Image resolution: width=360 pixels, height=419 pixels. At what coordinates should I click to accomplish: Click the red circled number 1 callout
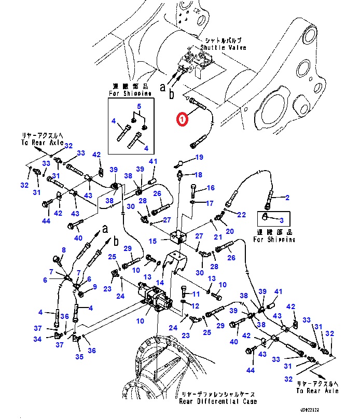click(182, 119)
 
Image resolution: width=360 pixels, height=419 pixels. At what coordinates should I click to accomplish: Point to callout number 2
click(287, 197)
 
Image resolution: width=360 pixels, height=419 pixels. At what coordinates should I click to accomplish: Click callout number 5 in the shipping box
click(138, 106)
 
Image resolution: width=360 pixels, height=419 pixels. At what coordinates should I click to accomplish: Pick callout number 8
click(64, 250)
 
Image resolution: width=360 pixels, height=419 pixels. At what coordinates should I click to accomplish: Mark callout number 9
click(94, 287)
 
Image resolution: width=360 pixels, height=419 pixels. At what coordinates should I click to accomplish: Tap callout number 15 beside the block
click(153, 241)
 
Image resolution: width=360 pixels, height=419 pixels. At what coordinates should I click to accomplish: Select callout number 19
click(199, 158)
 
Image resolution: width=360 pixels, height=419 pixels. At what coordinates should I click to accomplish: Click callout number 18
click(198, 175)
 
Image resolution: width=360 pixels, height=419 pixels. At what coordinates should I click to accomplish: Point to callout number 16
click(210, 188)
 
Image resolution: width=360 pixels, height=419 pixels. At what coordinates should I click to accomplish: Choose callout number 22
click(241, 215)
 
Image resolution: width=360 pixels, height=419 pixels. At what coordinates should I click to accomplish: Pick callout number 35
click(79, 356)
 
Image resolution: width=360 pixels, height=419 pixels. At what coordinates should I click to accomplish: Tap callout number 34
click(38, 340)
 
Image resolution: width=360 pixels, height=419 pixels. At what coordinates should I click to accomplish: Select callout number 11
click(196, 294)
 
